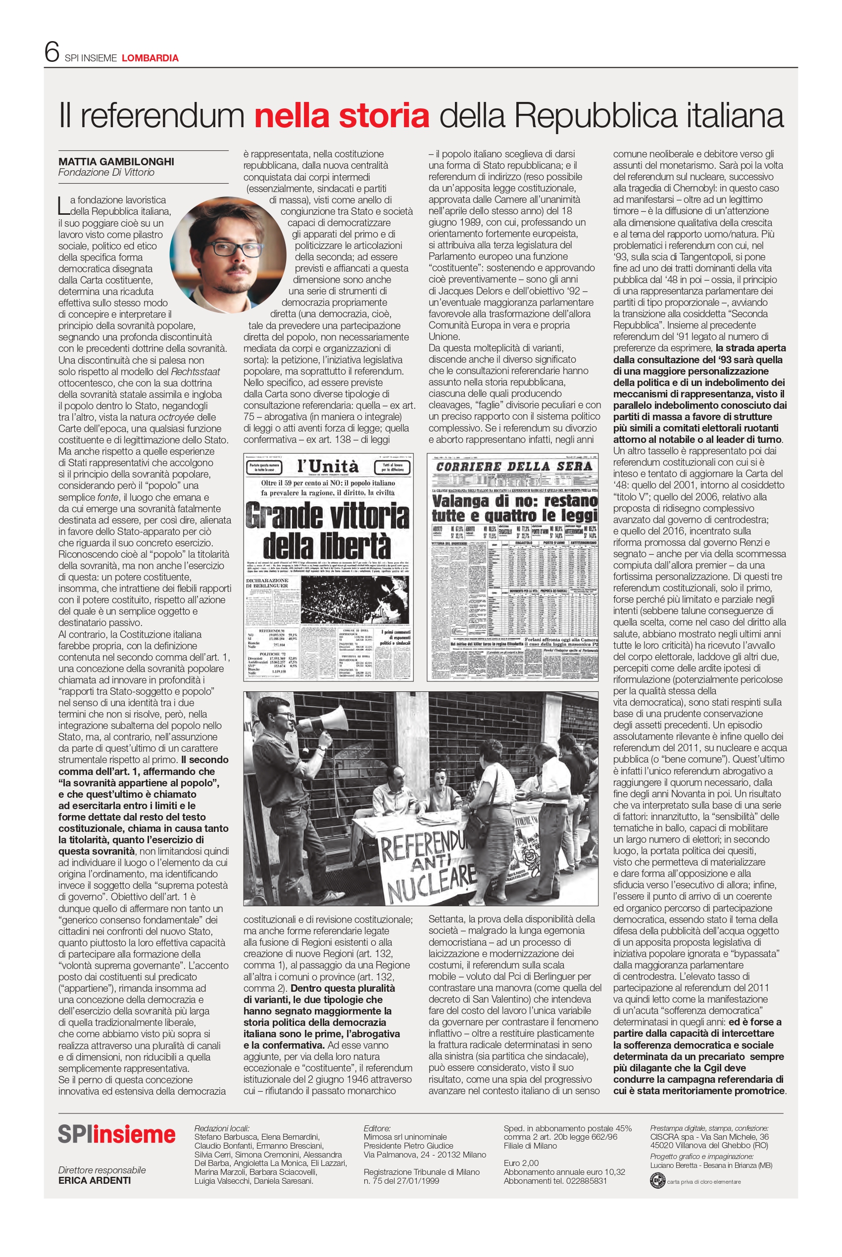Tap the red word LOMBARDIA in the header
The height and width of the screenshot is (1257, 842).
coord(150,58)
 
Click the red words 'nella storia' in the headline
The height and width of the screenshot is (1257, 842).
coord(342,115)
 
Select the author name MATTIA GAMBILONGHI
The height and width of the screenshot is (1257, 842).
coord(116,161)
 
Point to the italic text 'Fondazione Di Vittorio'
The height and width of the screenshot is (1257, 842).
coord(106,172)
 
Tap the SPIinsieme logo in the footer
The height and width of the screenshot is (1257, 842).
coord(116,1135)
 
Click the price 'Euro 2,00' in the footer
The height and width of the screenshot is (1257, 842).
coord(521,1162)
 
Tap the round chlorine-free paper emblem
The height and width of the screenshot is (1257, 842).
coord(656,1181)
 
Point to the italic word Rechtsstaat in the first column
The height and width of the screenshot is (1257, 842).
coord(196,372)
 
